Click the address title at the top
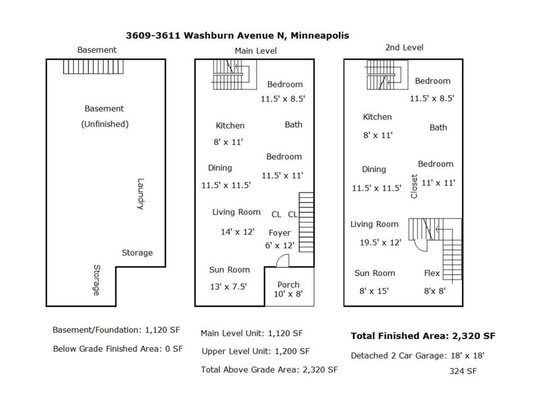pos(237,36)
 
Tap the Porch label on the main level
pos(288,285)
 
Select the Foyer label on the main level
pos(279,233)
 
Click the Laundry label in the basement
pos(141,194)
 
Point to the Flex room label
pos(432,273)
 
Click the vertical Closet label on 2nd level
pos(414,187)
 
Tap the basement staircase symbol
pos(93,66)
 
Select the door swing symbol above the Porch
pos(282,261)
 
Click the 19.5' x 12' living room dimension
pos(380,242)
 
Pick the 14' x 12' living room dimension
pos(238,232)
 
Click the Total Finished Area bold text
pos(423,335)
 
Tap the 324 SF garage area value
pos(463,371)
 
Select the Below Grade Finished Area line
pos(118,349)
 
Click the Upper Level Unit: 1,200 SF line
pos(256,351)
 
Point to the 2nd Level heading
pos(404,47)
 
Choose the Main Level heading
pos(256,51)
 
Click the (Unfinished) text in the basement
pos(104,124)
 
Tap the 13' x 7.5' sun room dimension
pos(229,287)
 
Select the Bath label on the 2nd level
pos(438,127)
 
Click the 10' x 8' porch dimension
pos(288,294)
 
